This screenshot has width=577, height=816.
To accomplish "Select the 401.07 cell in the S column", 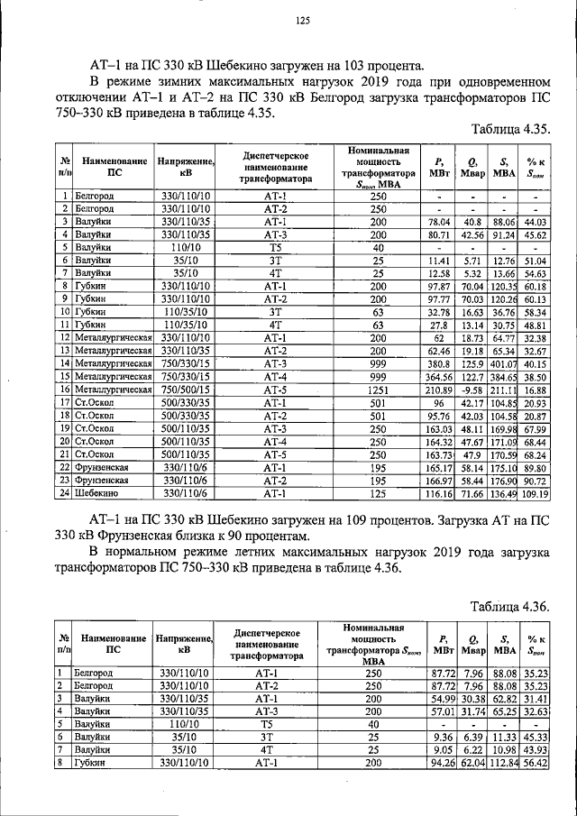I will click(x=503, y=363).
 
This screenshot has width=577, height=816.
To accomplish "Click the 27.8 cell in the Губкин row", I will click(x=439, y=325).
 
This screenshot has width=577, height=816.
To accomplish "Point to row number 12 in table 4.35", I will click(x=64, y=337).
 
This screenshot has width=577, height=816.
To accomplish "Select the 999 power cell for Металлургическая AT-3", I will click(x=378, y=363).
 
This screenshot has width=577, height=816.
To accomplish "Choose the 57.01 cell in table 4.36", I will click(x=439, y=711).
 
